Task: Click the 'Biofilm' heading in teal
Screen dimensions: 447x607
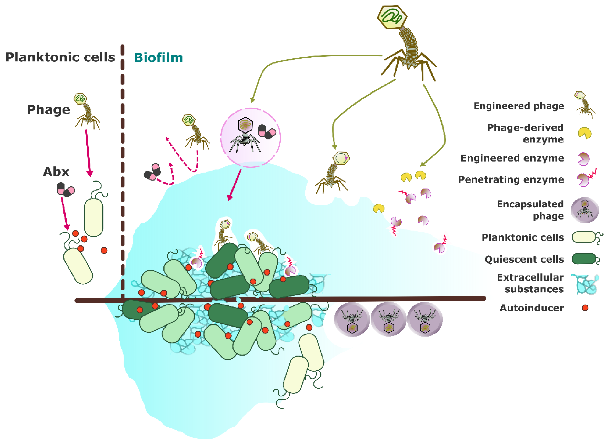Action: [x=159, y=58]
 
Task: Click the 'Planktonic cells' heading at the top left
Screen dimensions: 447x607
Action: [x=60, y=57]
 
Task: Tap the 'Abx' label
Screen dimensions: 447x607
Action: [x=56, y=171]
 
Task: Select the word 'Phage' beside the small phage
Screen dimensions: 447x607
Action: [x=49, y=110]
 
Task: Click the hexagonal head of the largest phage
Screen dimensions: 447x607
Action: [x=392, y=17]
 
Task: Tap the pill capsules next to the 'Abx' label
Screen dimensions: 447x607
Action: [x=66, y=189]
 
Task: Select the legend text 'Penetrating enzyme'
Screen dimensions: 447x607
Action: [x=511, y=179]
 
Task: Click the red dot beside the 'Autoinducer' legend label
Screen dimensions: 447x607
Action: [x=585, y=308]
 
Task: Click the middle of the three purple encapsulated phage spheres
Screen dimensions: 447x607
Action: [x=389, y=319]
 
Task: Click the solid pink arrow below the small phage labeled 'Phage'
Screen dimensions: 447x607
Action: [x=88, y=153]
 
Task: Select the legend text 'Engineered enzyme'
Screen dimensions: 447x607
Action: [x=512, y=158]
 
